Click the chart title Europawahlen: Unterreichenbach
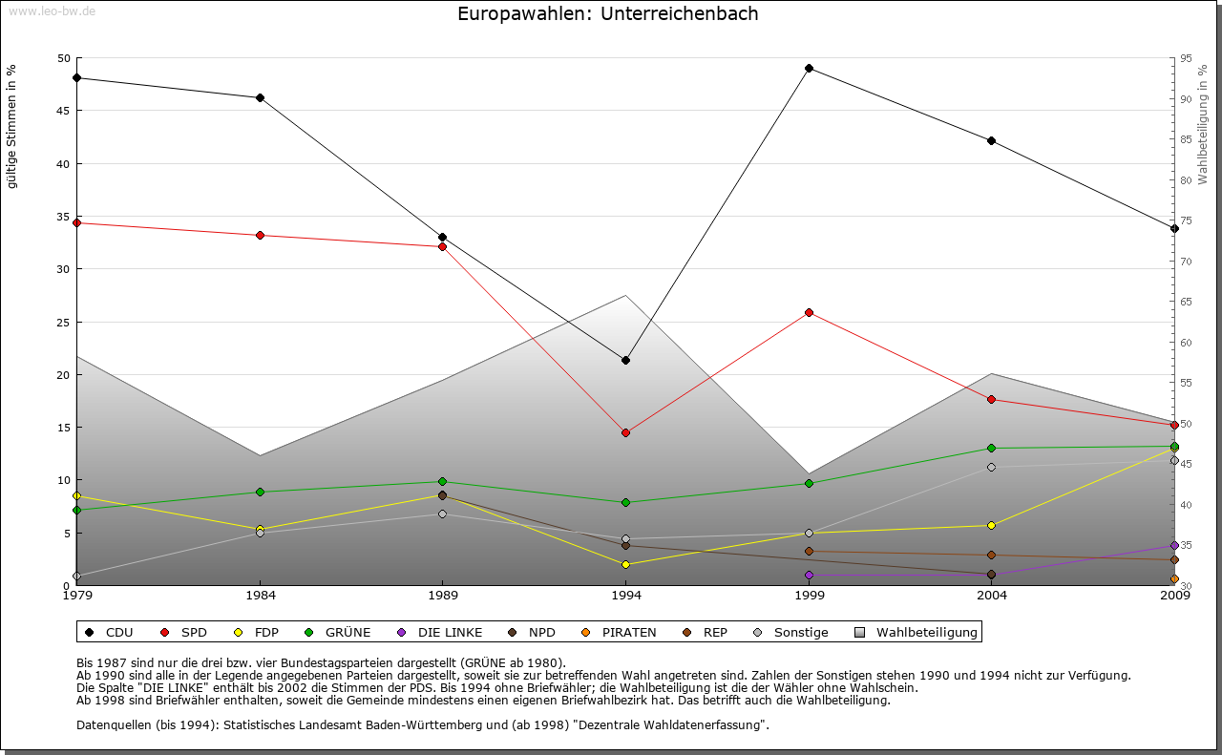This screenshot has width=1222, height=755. [x=608, y=14]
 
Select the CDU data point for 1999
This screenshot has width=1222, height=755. [x=809, y=68]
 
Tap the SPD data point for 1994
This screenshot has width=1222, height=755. [x=625, y=432]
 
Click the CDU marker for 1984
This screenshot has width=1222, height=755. [x=260, y=97]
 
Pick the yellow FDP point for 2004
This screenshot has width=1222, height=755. [x=991, y=525]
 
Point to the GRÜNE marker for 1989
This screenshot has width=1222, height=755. [x=442, y=481]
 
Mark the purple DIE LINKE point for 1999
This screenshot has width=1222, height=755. [x=809, y=575]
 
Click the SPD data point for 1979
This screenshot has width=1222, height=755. [x=76, y=222]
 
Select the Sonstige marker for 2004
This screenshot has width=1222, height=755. [x=991, y=467]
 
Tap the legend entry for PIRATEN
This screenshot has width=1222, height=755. [x=620, y=632]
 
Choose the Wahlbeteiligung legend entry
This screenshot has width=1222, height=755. [x=916, y=632]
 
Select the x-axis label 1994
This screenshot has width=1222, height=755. [x=625, y=597]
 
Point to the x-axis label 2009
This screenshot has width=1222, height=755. [x=1174, y=597]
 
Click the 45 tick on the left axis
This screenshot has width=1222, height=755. [x=64, y=111]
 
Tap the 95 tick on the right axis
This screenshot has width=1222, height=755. [x=1186, y=58]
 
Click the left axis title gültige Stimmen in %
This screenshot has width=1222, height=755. [x=12, y=127]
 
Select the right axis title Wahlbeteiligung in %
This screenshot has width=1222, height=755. [x=1203, y=125]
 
